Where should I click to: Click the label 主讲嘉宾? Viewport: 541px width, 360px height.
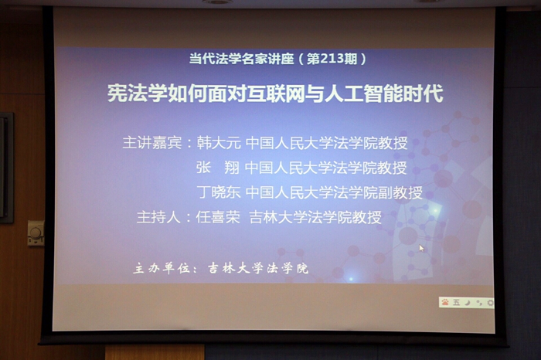pos(151,144)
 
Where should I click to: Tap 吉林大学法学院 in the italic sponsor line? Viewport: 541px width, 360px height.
pos(258,268)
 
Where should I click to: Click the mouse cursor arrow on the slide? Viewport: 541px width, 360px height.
pos(421,248)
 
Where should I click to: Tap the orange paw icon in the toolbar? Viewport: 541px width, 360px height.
pos(446,302)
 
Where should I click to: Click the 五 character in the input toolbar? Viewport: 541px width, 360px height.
pos(457,302)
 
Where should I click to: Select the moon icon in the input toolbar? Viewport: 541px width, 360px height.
pos(468,302)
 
